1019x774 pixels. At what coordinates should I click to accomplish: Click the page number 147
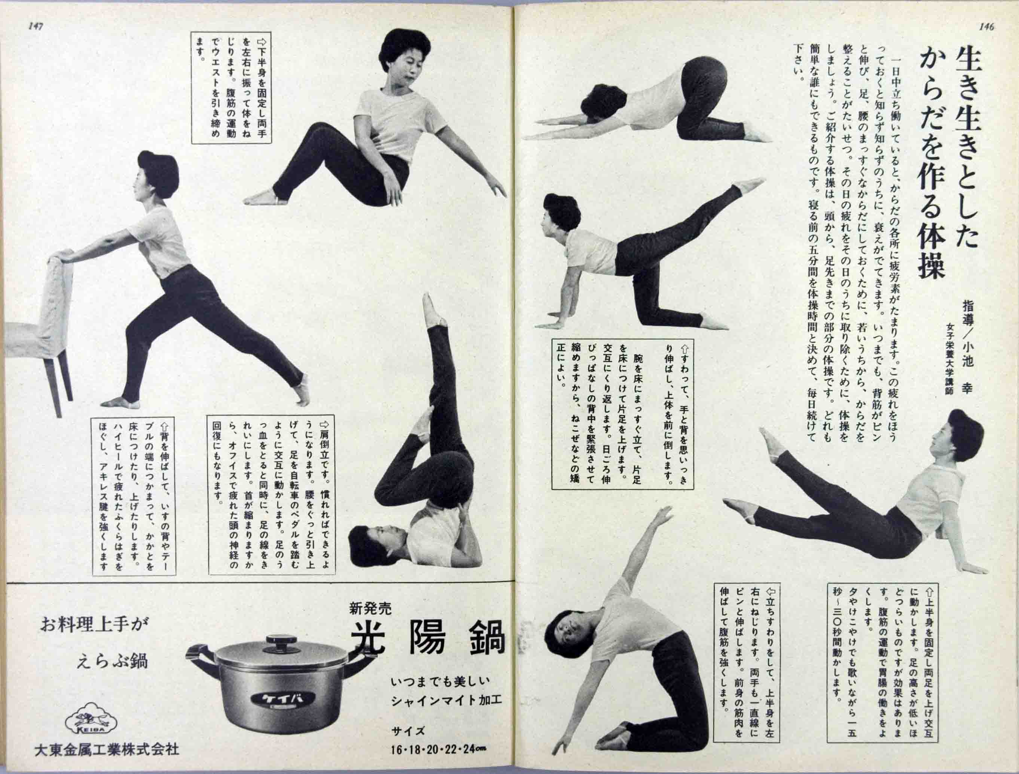click(x=35, y=27)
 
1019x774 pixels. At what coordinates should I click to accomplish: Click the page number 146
click(x=986, y=27)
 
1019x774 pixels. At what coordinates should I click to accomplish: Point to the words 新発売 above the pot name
click(x=370, y=609)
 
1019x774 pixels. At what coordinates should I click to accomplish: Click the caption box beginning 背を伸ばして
click(x=134, y=497)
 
